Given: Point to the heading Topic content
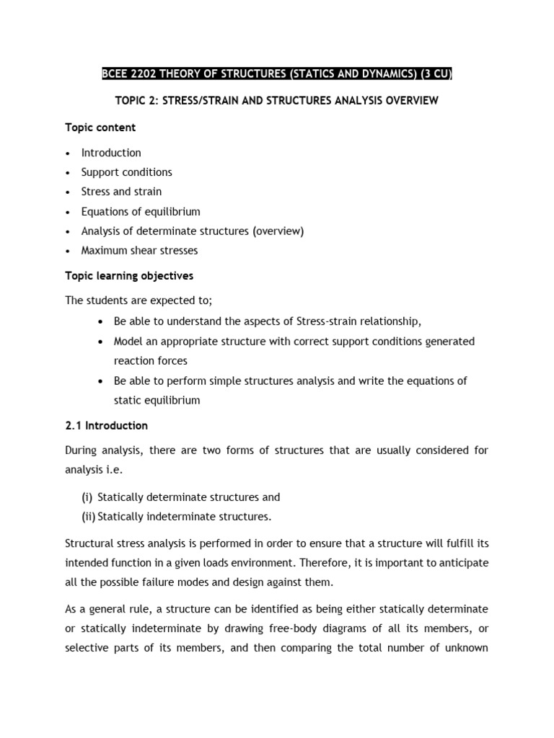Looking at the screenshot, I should click(x=100, y=128).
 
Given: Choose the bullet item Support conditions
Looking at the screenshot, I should click(x=126, y=172).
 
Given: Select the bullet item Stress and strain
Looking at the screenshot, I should click(x=121, y=192).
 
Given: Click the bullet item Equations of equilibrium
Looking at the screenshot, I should click(x=141, y=212).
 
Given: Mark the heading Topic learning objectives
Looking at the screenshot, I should click(x=129, y=276).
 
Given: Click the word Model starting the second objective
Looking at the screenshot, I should click(x=128, y=341).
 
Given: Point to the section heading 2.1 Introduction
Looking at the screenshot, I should click(x=106, y=425).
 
